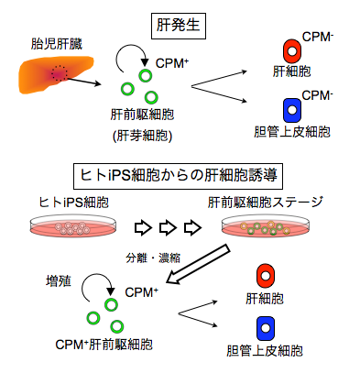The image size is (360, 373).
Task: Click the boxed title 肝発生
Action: [179, 26]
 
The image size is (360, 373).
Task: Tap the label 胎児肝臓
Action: [57, 44]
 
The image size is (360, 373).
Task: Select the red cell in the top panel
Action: [292, 51]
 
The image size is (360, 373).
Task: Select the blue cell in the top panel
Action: [292, 110]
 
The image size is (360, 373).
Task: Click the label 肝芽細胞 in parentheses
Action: [143, 136]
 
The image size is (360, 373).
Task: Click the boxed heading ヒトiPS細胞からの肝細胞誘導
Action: [178, 177]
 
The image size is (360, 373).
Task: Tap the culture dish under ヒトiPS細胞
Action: [73, 226]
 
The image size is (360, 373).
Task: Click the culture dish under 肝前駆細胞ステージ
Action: [265, 226]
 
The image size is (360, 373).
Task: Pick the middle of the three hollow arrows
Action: [168, 227]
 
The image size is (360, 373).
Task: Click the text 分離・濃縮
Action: [153, 258]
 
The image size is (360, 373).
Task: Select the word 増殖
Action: [59, 281]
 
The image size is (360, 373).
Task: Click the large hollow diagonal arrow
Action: [198, 264]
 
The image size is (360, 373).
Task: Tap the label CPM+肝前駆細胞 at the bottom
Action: [104, 345]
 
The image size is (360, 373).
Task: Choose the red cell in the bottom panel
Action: [266, 276]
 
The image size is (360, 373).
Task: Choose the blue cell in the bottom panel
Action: [266, 328]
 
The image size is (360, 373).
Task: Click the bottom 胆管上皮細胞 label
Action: [265, 351]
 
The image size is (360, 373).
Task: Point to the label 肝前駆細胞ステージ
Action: [265, 203]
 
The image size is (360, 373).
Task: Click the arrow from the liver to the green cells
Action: [84, 82]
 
